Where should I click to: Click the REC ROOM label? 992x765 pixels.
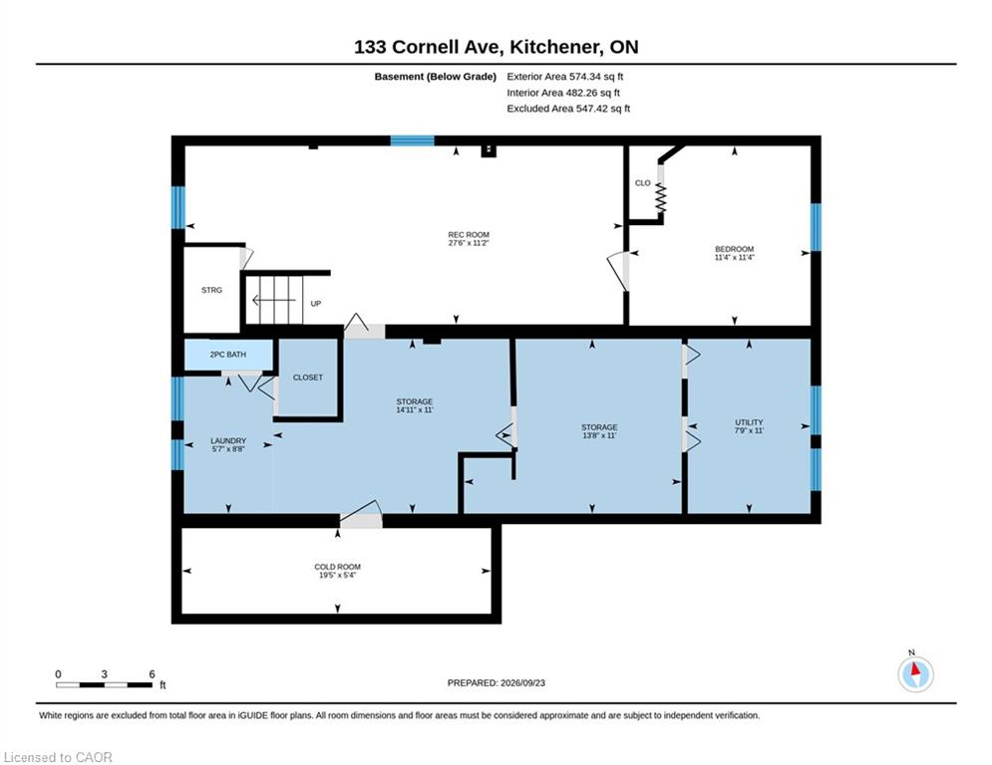[469, 234]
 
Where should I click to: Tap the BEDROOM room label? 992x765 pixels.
[734, 249]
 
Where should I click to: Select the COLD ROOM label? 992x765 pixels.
[337, 567]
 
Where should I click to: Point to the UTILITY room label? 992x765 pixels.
[749, 422]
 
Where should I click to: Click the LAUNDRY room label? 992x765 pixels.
[228, 440]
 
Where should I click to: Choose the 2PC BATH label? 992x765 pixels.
[227, 355]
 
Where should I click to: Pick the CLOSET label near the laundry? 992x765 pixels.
[308, 378]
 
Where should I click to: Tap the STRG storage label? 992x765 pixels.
[212, 290]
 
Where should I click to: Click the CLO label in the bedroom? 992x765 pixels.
[643, 183]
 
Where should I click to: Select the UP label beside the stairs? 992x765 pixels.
[316, 304]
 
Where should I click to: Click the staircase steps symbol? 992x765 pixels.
[274, 300]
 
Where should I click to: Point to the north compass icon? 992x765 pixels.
[915, 673]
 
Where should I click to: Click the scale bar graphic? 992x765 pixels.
[105, 684]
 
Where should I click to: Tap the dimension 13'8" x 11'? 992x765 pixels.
[599, 435]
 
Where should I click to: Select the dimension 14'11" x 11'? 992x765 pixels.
[415, 409]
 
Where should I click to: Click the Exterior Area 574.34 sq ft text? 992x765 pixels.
[565, 77]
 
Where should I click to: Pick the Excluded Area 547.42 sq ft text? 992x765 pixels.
[568, 109]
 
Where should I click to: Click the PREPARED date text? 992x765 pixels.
[496, 682]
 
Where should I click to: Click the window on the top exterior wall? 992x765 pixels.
[412, 140]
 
